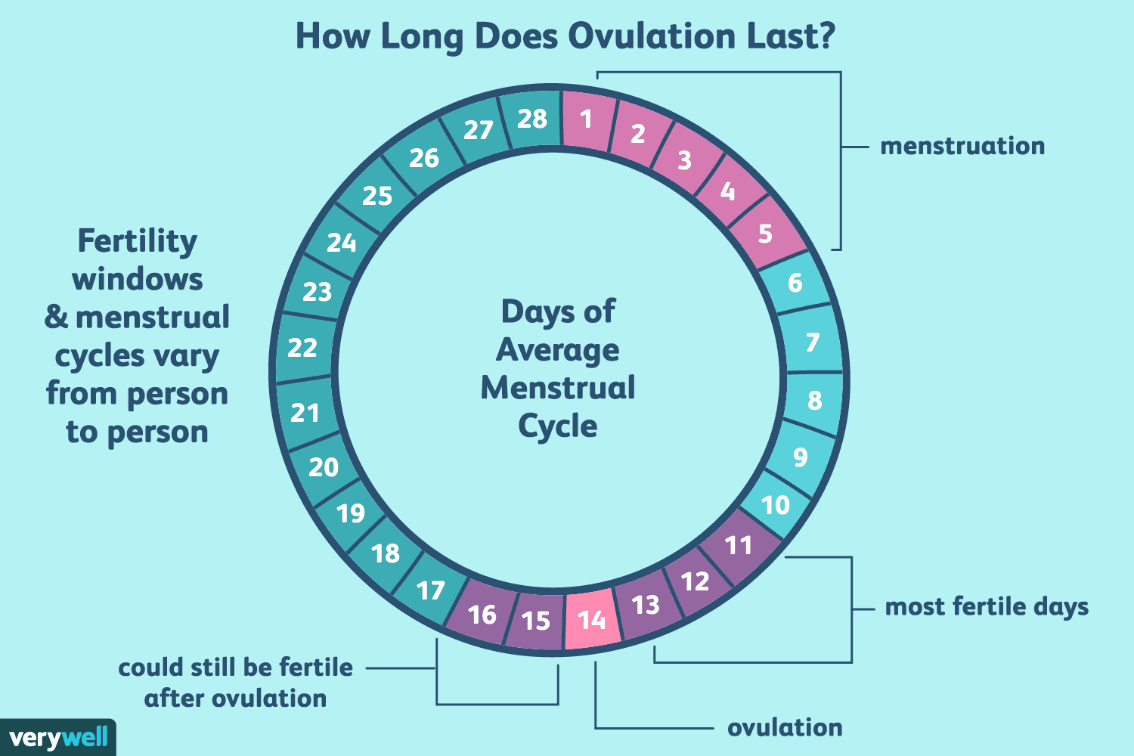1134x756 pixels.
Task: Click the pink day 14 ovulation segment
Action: click(592, 619)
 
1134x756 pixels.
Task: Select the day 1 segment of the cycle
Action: click(587, 119)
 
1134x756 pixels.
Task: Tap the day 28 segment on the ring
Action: click(532, 119)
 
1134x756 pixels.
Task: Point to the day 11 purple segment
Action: click(739, 545)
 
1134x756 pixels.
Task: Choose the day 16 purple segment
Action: click(482, 614)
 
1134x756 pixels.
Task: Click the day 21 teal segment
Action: click(305, 412)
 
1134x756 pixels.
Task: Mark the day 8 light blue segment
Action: click(814, 400)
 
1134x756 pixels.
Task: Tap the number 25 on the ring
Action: click(377, 196)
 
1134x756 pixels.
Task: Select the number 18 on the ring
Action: click(386, 553)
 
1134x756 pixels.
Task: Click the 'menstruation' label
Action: click(962, 146)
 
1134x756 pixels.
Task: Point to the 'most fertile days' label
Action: click(987, 606)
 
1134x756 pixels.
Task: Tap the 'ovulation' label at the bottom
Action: click(785, 727)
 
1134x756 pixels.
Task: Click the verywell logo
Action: click(58, 737)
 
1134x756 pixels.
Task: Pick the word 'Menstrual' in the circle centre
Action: click(558, 388)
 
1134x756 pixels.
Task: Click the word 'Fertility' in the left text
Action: click(137, 241)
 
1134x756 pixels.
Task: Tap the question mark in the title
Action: click(826, 36)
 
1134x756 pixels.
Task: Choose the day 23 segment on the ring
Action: click(318, 291)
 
